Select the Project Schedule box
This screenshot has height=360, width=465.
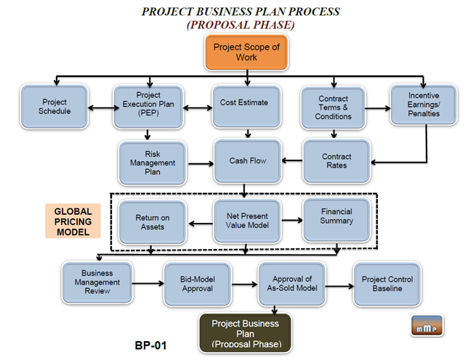[55, 107]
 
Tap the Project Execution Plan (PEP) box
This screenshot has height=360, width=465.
[147, 107]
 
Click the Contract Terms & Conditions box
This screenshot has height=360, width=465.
[333, 107]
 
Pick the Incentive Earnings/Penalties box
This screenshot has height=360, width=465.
[424, 104]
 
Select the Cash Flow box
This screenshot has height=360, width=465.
[246, 161]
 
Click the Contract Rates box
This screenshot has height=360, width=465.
[336, 160]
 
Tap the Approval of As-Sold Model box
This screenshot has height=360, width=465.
[291, 283]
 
